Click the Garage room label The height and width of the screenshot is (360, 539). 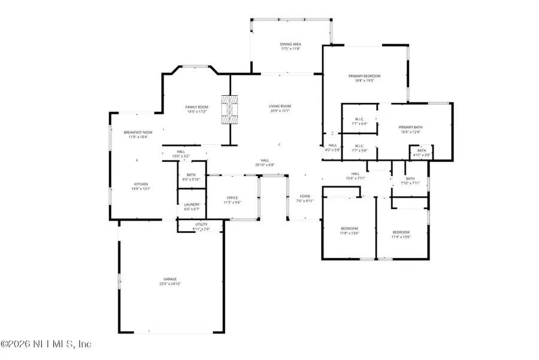point(171,279)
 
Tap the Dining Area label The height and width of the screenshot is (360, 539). point(290,44)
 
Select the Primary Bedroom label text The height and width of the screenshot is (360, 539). point(365,76)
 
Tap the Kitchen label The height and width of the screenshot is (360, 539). point(141,184)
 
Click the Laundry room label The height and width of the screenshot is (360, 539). point(192,204)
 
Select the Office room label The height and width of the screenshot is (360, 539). point(232,198)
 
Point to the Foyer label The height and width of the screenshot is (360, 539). point(305,196)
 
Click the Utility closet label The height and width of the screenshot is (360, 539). point(201,224)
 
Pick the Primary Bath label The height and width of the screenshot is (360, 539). point(410,127)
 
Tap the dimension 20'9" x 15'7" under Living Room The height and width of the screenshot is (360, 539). point(279,111)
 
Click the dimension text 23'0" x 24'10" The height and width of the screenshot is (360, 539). point(171,283)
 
